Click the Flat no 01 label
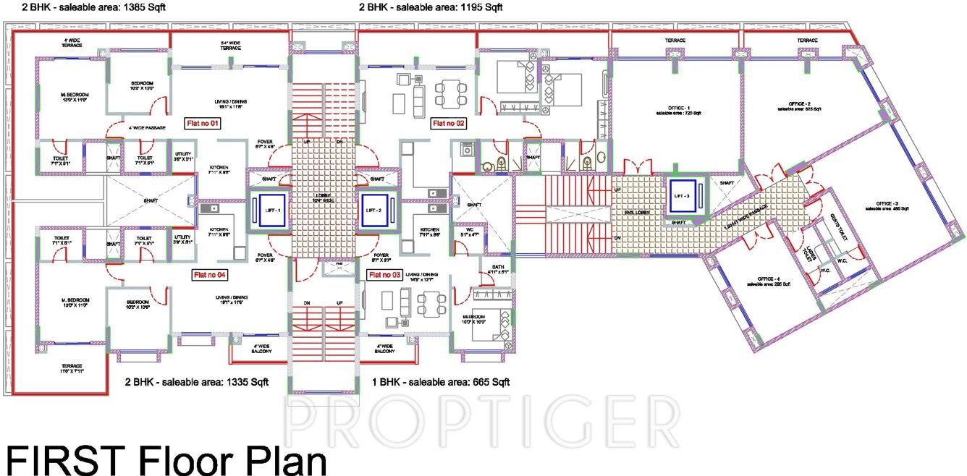[203, 124]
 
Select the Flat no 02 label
[449, 124]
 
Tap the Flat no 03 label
[385, 275]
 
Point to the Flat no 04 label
[210, 275]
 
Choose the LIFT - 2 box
[376, 210]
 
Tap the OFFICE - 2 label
[799, 106]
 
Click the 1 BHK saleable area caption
[441, 381]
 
